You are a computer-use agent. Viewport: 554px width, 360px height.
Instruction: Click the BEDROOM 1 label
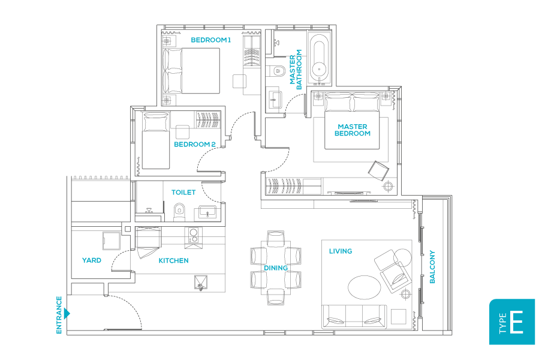pos(210,40)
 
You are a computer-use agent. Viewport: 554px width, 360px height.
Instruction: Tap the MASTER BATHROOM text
pos(296,70)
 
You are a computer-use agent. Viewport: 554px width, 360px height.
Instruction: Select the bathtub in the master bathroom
pos(320,58)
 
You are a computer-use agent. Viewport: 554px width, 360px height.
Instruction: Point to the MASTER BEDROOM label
pos(353,130)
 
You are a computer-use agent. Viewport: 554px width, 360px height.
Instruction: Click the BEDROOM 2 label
pos(195,144)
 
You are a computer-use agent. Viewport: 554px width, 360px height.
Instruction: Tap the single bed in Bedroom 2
pos(155,140)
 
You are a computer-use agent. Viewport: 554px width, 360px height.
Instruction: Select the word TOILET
pos(183,193)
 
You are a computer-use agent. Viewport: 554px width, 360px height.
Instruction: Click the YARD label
pos(92,260)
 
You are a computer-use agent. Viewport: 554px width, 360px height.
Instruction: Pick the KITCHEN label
pos(173,260)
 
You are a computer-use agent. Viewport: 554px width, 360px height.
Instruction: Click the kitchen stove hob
pos(193,236)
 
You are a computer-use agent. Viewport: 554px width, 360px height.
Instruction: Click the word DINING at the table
pos(276,268)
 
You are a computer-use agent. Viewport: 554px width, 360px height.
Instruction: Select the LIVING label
pos(341,251)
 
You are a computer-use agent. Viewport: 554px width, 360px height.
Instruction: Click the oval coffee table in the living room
pos(365,287)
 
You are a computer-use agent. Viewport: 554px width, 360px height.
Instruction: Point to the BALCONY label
pos(432,267)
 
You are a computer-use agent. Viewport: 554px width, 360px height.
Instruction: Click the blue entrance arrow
pos(67,313)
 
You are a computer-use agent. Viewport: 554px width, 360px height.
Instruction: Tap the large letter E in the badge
pos(517,322)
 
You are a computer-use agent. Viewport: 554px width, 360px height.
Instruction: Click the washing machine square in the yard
pos(112,241)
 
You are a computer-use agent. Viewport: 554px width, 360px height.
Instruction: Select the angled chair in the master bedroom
pos(378,170)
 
